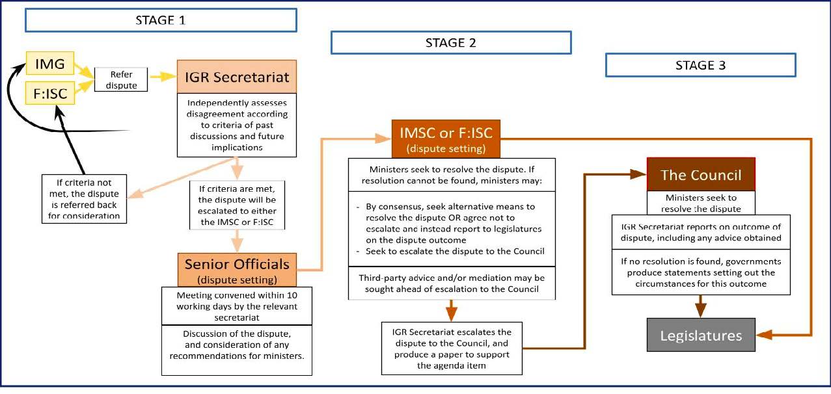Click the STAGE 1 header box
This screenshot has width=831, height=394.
(x=160, y=20)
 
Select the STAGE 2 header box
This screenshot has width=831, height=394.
(x=450, y=43)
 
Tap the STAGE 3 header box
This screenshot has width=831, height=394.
(x=700, y=65)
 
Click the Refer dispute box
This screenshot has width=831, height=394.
(x=122, y=80)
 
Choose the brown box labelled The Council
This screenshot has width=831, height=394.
(x=700, y=175)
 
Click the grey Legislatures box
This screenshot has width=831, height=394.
(x=700, y=335)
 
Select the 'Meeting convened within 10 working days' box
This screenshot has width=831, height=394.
(x=237, y=306)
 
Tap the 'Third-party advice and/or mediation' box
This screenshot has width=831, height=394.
(x=452, y=283)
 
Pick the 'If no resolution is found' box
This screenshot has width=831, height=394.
(x=700, y=273)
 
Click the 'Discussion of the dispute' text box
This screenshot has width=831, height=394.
(x=237, y=349)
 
